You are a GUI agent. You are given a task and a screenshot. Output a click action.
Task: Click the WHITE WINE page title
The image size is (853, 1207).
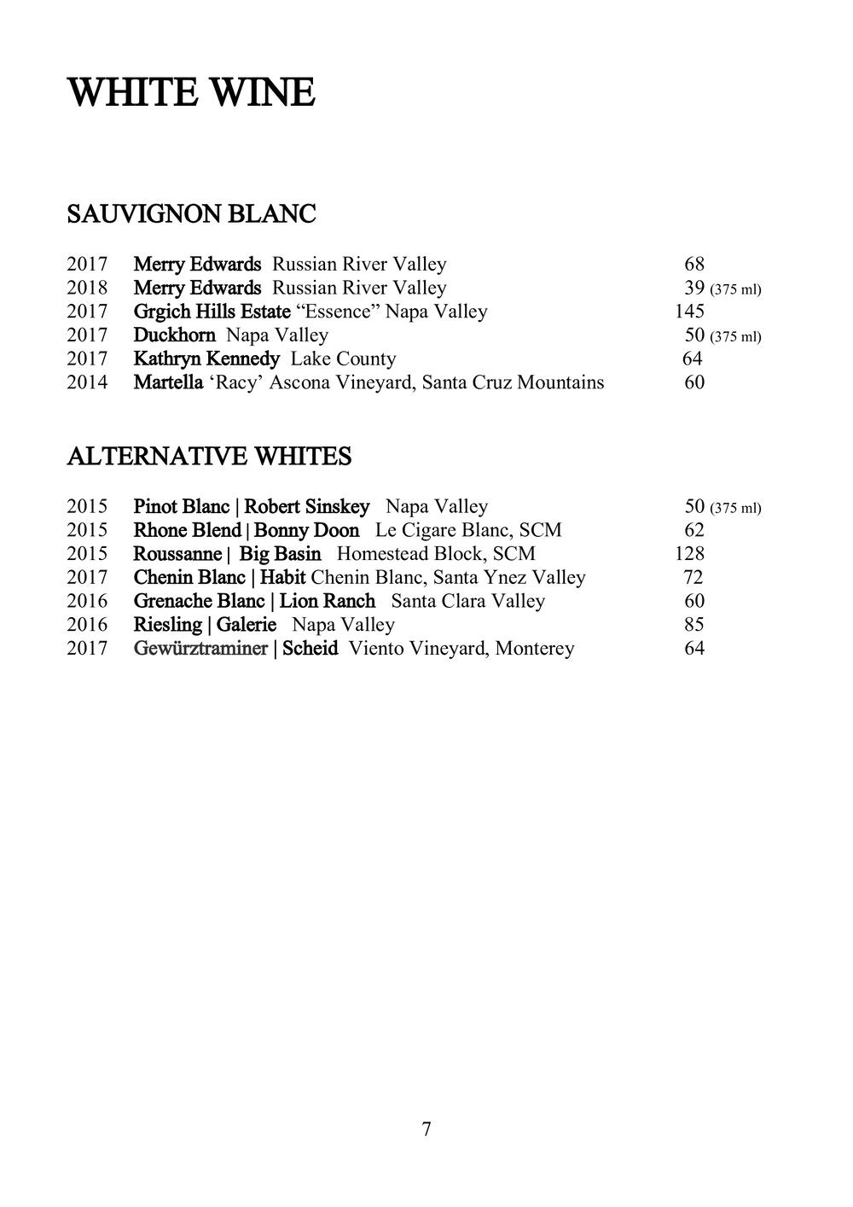click(x=191, y=93)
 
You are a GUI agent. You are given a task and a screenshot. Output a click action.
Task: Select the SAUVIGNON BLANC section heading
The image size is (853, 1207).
click(x=191, y=213)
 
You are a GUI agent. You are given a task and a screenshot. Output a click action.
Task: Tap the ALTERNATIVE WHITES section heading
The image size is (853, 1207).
click(x=209, y=458)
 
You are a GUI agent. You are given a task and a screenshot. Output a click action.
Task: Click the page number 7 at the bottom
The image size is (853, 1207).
click(x=426, y=1129)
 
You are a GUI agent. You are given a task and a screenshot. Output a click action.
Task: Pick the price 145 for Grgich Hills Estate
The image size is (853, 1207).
click(x=689, y=312)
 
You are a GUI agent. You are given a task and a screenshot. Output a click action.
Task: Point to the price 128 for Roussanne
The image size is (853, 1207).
click(x=689, y=554)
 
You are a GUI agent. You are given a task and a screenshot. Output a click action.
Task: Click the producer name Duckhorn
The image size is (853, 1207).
click(x=174, y=335)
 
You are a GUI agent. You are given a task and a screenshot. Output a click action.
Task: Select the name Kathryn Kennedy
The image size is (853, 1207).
click(x=206, y=359)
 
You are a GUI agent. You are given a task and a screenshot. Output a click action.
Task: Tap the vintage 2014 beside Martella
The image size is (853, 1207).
click(x=87, y=382)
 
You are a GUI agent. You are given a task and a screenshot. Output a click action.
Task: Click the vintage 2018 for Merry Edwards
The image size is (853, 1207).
click(x=87, y=289)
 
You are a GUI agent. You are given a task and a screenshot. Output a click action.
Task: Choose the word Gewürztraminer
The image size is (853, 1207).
click(x=200, y=649)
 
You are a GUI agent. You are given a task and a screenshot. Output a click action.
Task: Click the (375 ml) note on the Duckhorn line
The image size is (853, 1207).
click(x=735, y=336)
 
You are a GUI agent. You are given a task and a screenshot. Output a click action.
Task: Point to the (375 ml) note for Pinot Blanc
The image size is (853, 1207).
click(x=735, y=509)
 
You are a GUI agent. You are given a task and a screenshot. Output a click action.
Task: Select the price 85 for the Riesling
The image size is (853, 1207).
click(x=693, y=625)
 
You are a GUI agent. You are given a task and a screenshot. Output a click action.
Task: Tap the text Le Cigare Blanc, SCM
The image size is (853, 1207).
click(x=468, y=530)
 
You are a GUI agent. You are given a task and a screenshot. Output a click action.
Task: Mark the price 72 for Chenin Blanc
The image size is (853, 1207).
click(x=693, y=578)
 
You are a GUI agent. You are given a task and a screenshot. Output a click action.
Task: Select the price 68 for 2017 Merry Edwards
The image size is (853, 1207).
click(x=694, y=265)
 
